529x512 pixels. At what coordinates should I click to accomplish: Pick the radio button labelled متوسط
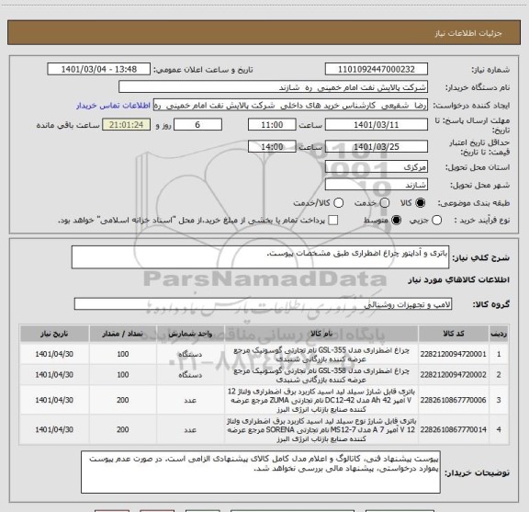[x=397, y=220]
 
